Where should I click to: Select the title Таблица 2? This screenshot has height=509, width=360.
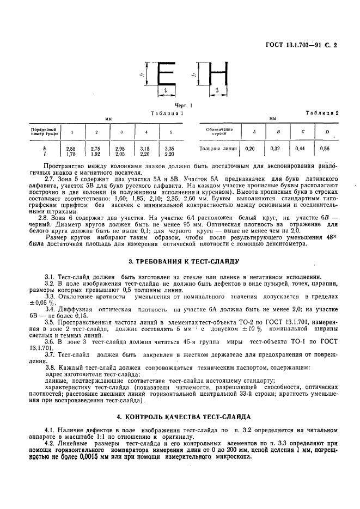[x=322, y=113]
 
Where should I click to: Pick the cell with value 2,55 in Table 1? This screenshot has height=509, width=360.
[x=70, y=148]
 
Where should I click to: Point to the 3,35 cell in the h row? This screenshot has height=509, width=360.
[x=169, y=148]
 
